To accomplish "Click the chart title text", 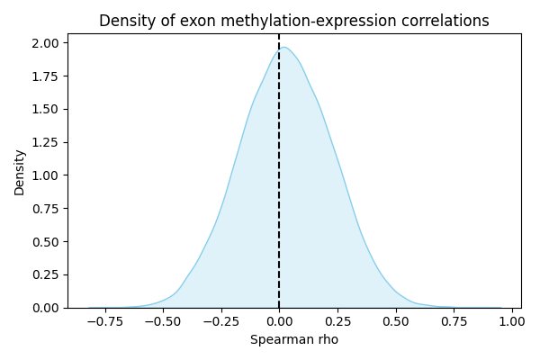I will point(293,21).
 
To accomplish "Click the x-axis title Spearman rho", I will point(293,339).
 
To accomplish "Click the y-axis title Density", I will point(20,172).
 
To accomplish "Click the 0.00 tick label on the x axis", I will point(279,319).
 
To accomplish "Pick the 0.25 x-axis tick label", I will point(337,319).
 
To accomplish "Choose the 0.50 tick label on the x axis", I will point(396,319).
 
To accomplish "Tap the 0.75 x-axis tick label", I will point(454,319).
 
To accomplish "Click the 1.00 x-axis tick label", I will point(512,319).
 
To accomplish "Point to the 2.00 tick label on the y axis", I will point(47,43).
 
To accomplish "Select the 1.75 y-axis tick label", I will point(47,76).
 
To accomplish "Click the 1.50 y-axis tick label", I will point(47,109).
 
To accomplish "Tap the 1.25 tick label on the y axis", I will point(47,142).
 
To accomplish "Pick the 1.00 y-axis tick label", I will point(47,175).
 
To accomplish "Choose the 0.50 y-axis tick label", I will point(47,241).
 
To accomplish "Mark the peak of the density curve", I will point(284,48).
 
